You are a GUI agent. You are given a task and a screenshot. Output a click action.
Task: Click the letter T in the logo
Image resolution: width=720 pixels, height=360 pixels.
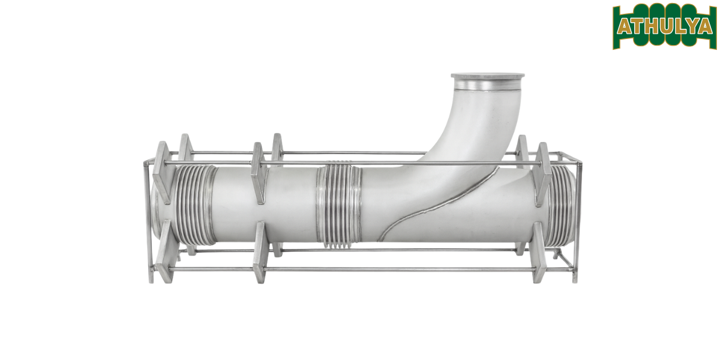[637, 26]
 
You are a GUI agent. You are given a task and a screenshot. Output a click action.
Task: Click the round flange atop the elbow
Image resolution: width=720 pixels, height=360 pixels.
[487, 77]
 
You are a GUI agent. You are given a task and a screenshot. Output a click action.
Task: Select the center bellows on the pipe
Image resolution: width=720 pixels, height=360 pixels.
[339, 204]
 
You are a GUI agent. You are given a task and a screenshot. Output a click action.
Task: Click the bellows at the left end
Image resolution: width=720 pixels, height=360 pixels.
[193, 204]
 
